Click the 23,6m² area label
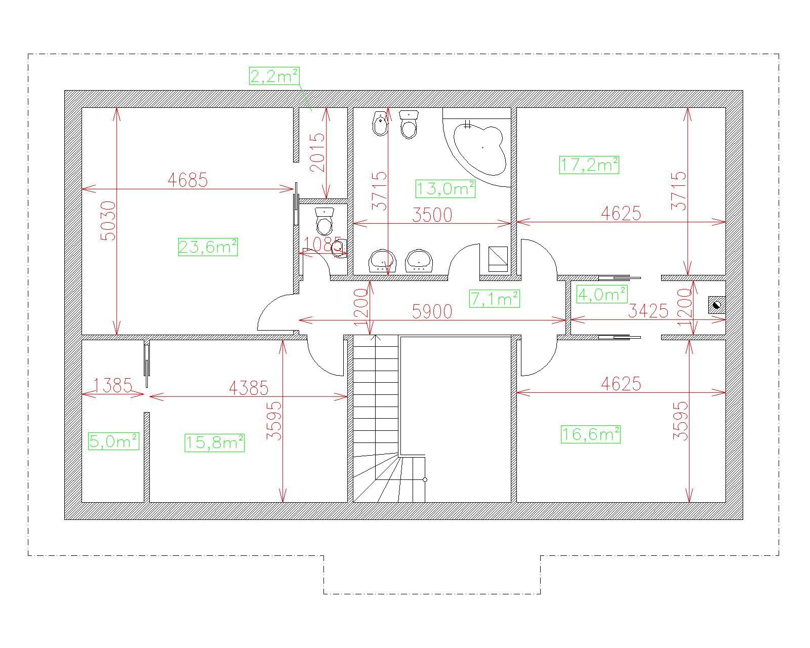208,248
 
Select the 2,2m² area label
274,76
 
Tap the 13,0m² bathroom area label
445,189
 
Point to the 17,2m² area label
589,165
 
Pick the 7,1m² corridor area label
495,299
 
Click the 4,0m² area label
602,294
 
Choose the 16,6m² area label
591,434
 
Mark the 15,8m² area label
215,443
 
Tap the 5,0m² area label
114,441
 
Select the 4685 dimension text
187,180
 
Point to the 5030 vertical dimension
108,221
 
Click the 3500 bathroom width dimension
432,215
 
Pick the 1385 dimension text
112,386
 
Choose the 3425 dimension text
648,311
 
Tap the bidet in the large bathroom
380,124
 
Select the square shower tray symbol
498,259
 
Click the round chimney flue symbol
717,305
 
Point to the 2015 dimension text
317,152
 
